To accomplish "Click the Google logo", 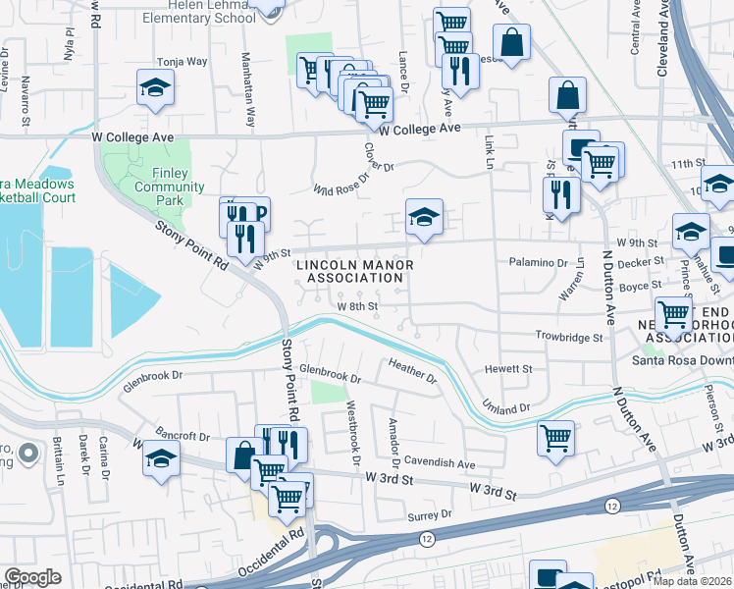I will pyautogui.click(x=33, y=577).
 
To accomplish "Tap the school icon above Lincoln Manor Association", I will pyautogui.click(x=424, y=219).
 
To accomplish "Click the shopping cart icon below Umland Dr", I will pyautogui.click(x=555, y=437).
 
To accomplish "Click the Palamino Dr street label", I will pyautogui.click(x=539, y=263).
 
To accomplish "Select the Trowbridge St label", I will pyautogui.click(x=568, y=337).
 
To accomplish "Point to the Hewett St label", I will pyautogui.click(x=508, y=369).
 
